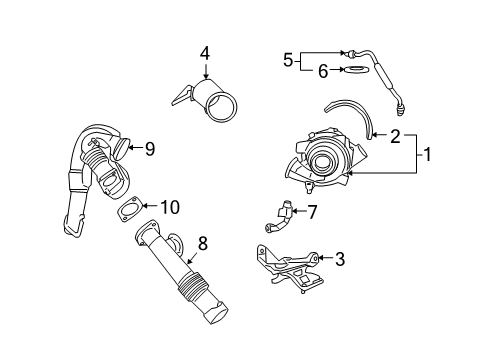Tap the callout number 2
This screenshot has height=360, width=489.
click(x=395, y=137)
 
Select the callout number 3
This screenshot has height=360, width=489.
click(x=340, y=260)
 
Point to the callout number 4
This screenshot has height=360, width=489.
click(x=204, y=53)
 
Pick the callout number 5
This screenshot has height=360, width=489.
click(x=288, y=60)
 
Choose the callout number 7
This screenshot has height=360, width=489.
click(x=311, y=211)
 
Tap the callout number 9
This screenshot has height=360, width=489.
click(x=149, y=149)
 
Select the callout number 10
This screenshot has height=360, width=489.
click(x=171, y=206)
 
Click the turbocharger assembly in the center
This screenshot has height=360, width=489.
click(x=326, y=160)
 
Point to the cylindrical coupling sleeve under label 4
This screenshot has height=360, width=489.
click(x=211, y=104)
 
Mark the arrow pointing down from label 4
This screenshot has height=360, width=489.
click(x=204, y=70)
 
